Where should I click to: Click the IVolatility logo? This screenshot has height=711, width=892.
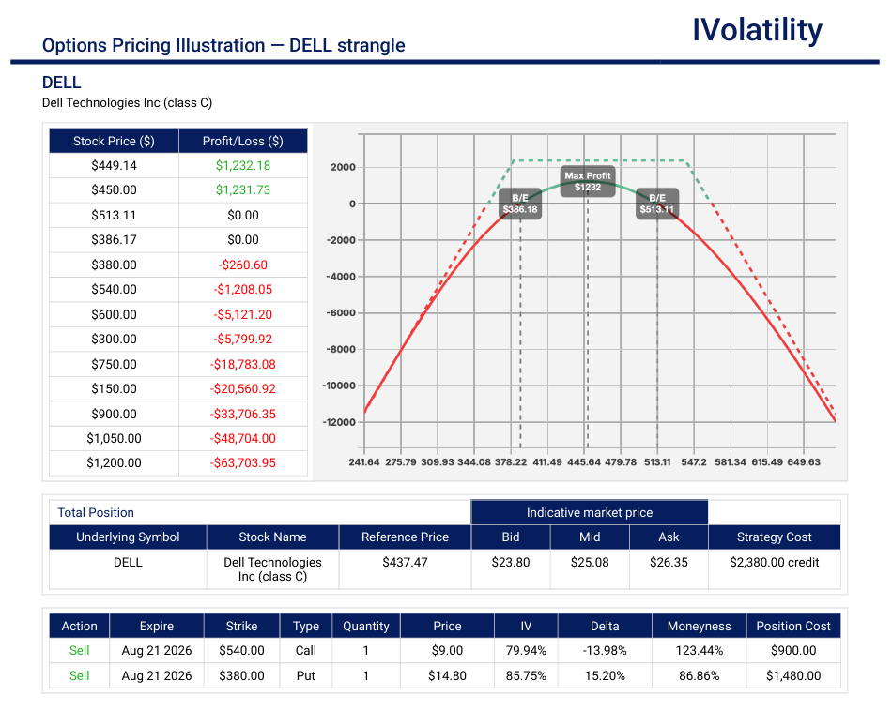[x=757, y=30]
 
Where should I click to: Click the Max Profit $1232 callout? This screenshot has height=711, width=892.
[x=588, y=181]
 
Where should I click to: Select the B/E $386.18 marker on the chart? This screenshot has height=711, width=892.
[x=520, y=204]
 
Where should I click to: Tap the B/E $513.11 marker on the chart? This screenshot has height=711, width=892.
[x=657, y=204]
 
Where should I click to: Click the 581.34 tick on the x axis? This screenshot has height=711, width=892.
[x=731, y=462]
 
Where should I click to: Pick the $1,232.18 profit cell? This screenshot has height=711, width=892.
[x=243, y=165]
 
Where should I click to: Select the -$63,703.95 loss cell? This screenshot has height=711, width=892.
[x=243, y=462]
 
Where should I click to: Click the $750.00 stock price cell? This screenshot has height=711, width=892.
[x=114, y=364]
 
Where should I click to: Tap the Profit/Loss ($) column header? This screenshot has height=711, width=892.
[x=243, y=141]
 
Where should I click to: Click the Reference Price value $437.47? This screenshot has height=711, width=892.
[x=405, y=562]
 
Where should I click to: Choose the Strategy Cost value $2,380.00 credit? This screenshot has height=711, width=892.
[x=775, y=562]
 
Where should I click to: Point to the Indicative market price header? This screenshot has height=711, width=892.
[x=590, y=513]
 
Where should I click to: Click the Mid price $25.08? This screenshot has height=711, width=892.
[x=590, y=562]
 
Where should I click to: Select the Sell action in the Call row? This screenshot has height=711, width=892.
[x=79, y=650]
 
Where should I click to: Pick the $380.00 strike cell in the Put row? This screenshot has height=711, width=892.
[x=241, y=675]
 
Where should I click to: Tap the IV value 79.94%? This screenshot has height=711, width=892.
[x=526, y=650]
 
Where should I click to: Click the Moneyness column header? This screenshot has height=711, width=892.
[x=700, y=626]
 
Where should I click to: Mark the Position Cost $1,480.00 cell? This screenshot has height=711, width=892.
[x=793, y=675]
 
